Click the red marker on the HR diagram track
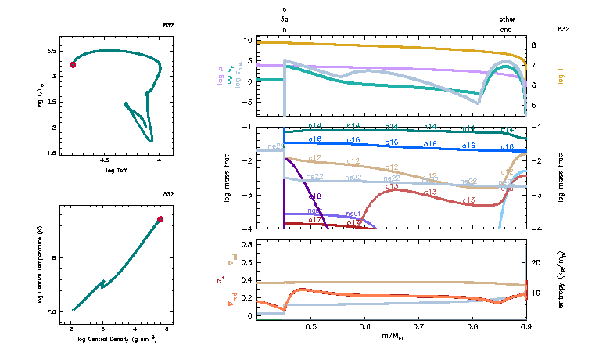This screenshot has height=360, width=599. [x=73, y=65]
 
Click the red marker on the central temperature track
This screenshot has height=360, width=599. [x=160, y=219]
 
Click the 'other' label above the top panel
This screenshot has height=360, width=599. [x=508, y=20]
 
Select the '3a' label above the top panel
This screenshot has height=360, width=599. [x=284, y=20]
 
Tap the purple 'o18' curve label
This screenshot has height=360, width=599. [x=315, y=196]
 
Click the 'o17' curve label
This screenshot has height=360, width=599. [x=316, y=221]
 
